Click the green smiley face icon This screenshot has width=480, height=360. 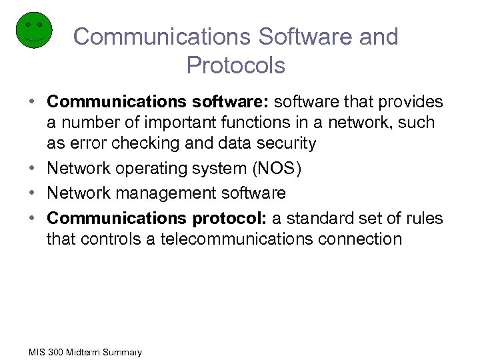(34, 30)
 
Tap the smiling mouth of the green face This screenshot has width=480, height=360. (34, 39)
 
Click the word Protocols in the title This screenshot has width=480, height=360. (236, 65)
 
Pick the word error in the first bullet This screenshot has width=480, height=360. (85, 144)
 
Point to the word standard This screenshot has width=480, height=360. (323, 218)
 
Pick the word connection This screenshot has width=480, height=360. (361, 239)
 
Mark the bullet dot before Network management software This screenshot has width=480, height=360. (32, 193)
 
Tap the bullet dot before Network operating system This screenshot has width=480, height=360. (32, 169)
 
